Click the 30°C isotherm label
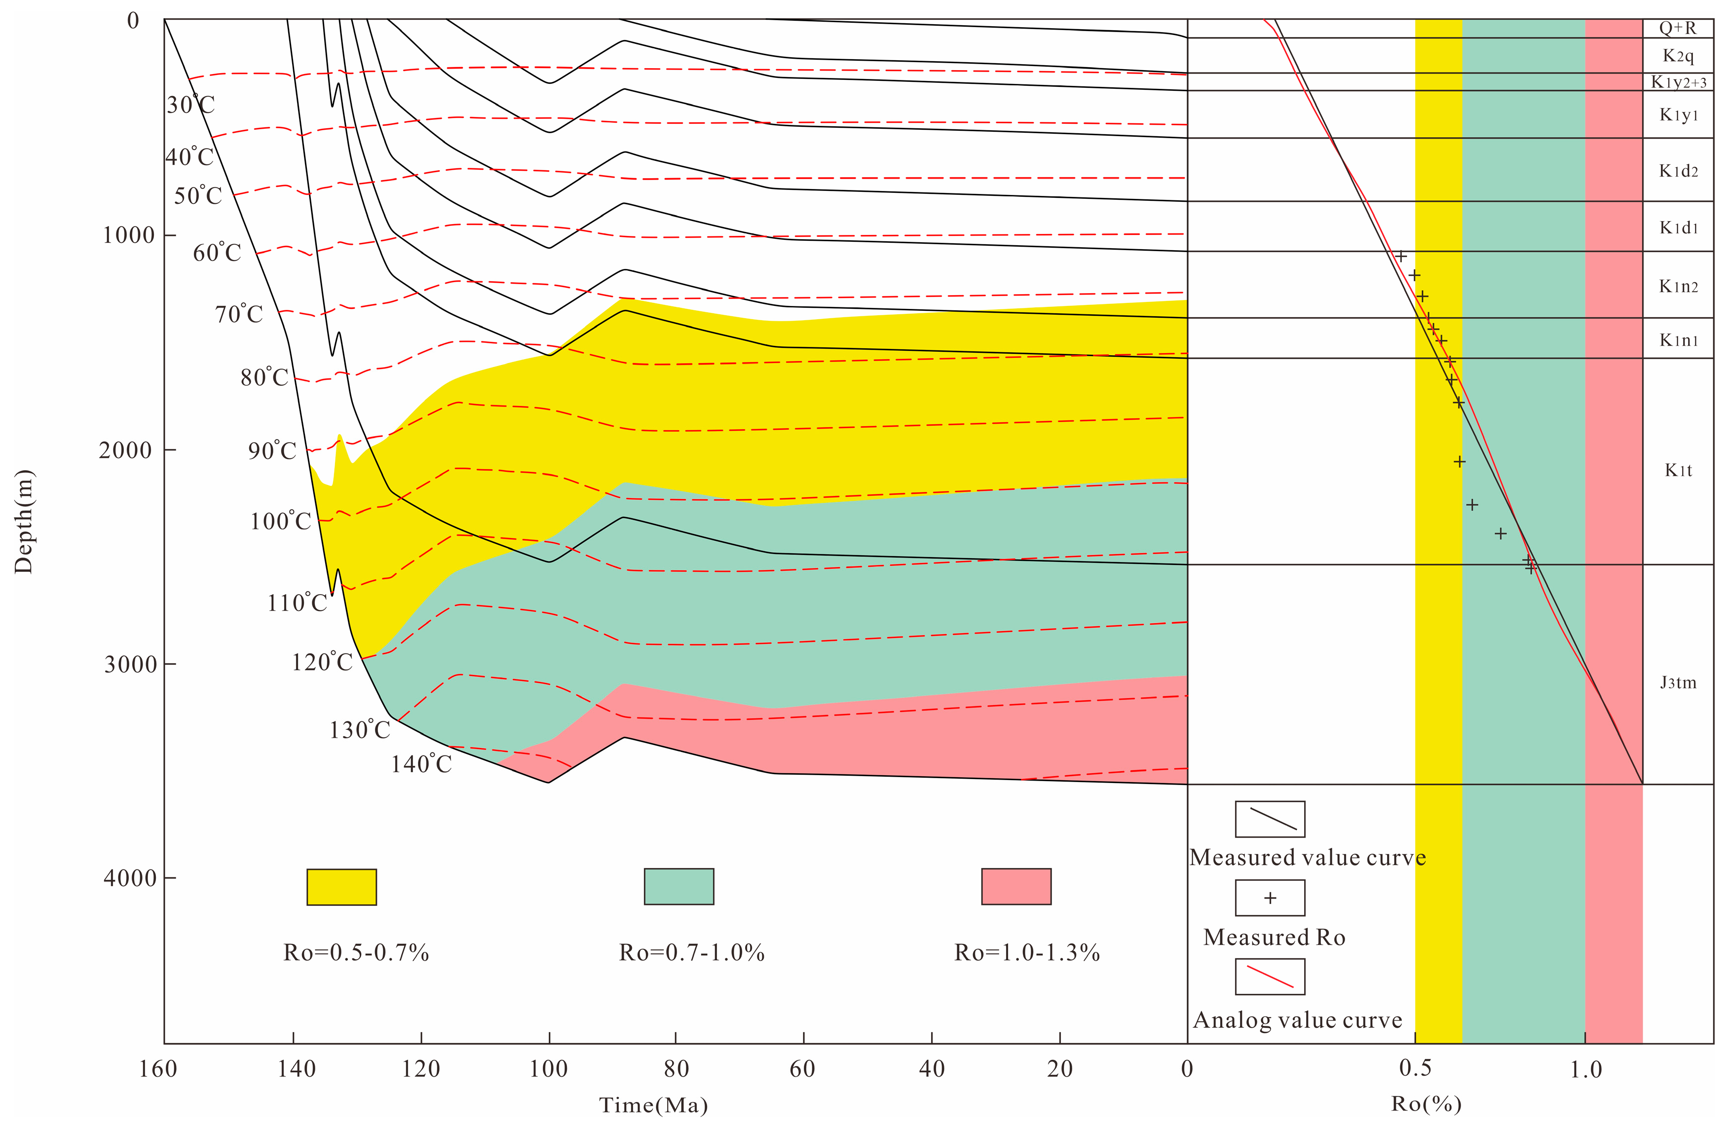(x=190, y=105)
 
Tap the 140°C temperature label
(x=421, y=764)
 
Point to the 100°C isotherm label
(x=281, y=522)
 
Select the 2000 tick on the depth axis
(x=126, y=450)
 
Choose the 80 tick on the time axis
(x=676, y=1069)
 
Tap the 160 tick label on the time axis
(x=158, y=1069)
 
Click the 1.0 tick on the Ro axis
(x=1585, y=1069)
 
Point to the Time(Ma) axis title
(x=653, y=1105)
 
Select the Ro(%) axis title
(x=1426, y=1103)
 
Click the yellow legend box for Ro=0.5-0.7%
(x=342, y=887)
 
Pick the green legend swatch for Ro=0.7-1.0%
(x=679, y=887)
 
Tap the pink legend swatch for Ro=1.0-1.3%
(x=1016, y=887)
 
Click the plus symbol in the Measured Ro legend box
(x=1270, y=898)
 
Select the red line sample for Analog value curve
(x=1270, y=976)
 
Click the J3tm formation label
(x=1678, y=683)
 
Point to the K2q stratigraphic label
(x=1678, y=56)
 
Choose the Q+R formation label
(x=1678, y=28)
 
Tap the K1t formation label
(x=1678, y=471)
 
